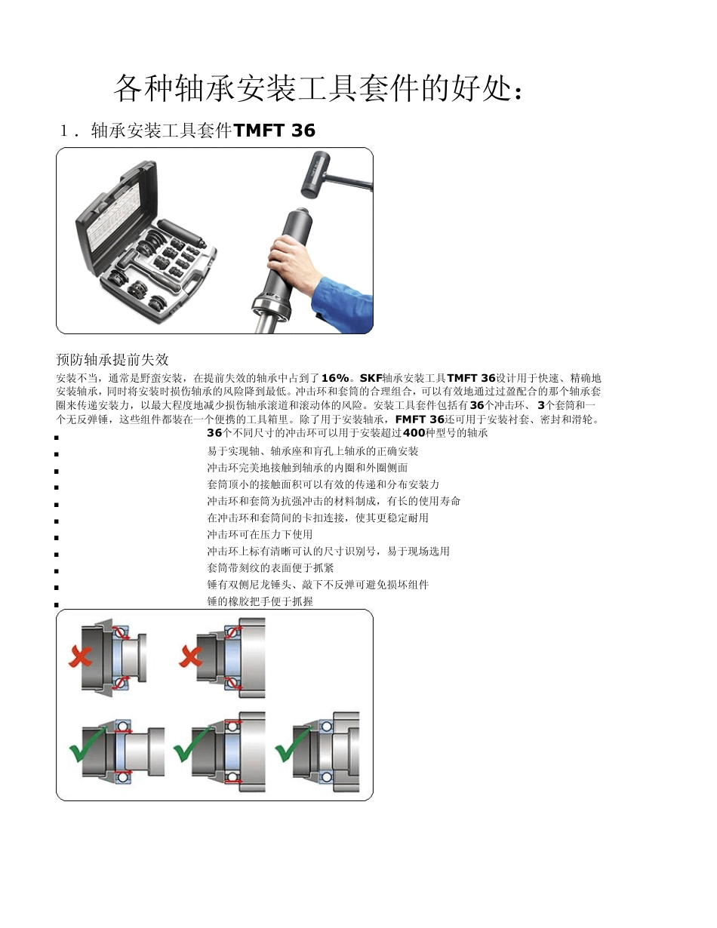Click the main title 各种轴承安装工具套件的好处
(x=318, y=89)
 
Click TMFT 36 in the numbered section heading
(x=275, y=131)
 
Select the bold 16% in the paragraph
(x=335, y=377)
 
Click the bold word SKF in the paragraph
(x=371, y=377)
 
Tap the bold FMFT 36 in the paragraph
(x=420, y=419)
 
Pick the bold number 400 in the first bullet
(x=414, y=433)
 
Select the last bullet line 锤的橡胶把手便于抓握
(x=260, y=601)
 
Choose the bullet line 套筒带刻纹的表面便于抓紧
(x=270, y=567)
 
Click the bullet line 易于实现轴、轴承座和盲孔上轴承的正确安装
(x=312, y=451)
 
